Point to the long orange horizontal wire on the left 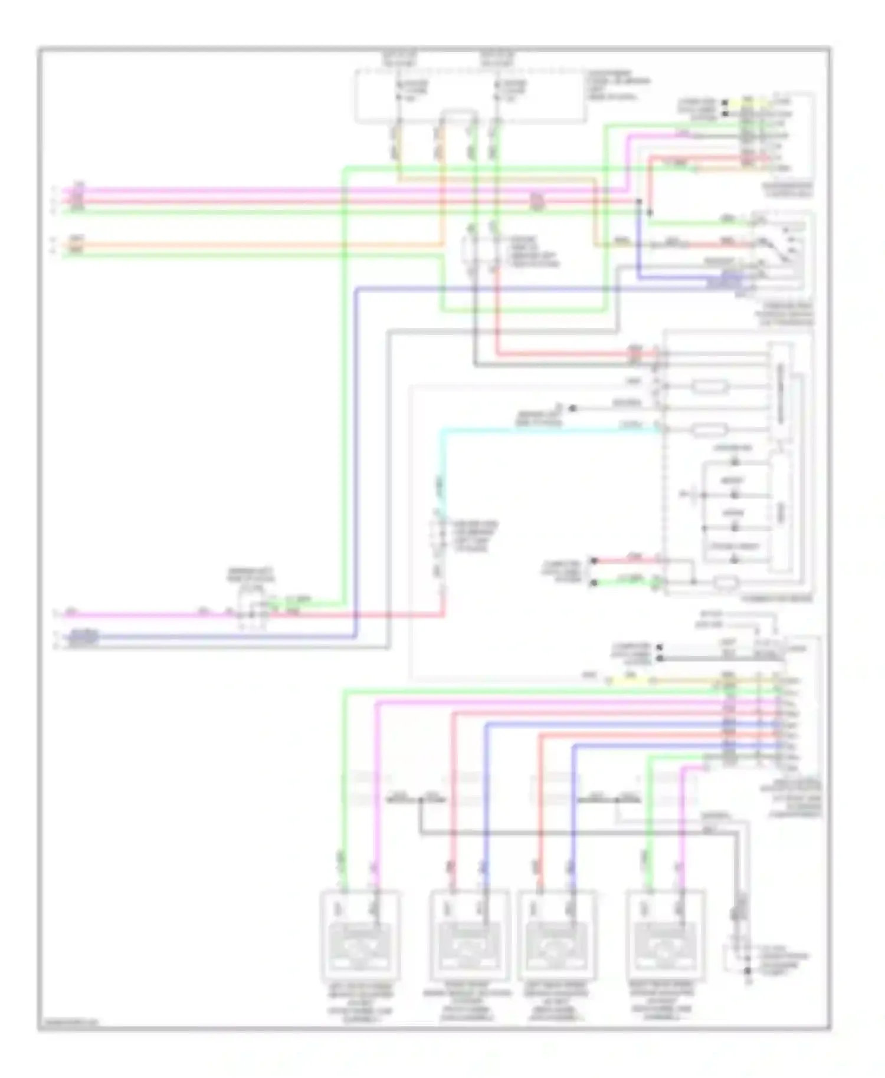click(254, 244)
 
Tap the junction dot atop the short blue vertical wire click(638, 202)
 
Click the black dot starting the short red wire click(594, 560)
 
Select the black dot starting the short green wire click(594, 583)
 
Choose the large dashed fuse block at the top click(470, 96)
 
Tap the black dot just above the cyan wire click(572, 408)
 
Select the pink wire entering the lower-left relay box click(147, 615)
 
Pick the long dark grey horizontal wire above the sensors click(578, 833)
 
